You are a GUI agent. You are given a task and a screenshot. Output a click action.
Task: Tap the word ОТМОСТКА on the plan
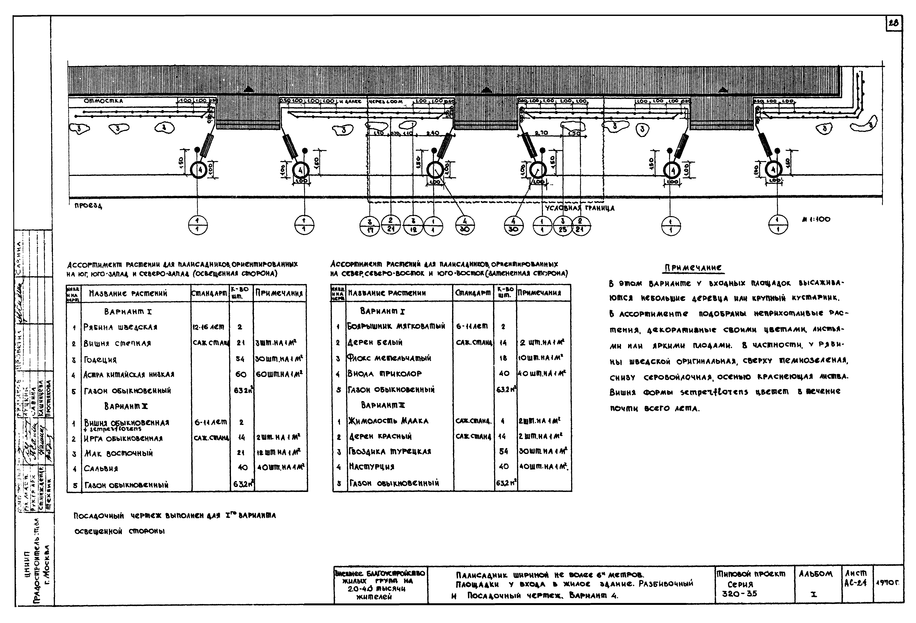tap(103, 101)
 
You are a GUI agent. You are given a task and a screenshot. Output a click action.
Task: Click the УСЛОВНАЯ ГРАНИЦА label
tap(579, 208)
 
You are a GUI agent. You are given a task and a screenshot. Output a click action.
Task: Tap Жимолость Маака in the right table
tap(388, 421)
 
